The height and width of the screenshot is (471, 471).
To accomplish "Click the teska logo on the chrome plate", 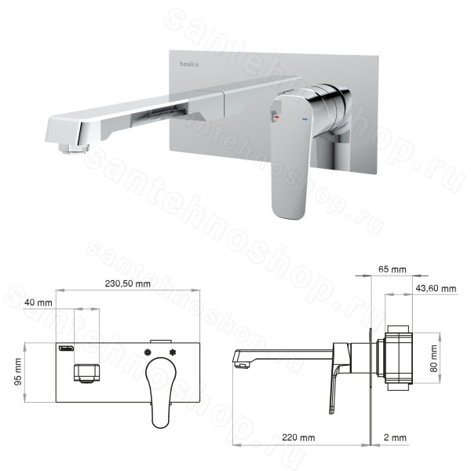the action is point(189,64).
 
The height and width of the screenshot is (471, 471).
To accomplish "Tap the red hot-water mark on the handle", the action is point(277,116).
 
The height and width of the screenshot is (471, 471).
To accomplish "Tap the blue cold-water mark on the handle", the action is point(305,119).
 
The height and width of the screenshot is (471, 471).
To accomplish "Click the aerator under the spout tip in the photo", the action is point(75,148).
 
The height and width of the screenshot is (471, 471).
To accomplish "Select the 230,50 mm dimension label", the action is point(128,283).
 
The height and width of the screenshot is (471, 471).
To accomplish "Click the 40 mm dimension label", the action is point(38,302).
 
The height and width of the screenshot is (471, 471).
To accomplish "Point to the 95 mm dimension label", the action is point(18,372).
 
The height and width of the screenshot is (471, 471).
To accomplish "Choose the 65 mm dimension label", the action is point(392,269).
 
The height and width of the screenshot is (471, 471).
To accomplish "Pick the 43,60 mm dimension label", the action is point(436,289).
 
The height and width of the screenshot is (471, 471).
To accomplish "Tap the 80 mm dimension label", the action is point(434,359).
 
